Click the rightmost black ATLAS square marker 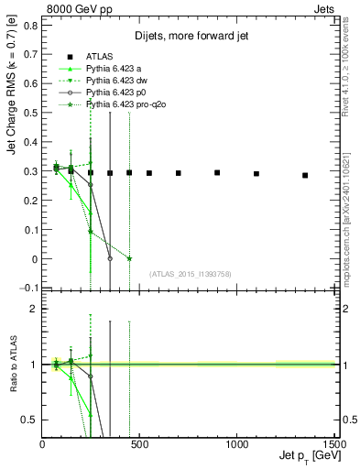[x=305, y=175]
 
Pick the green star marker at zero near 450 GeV [x=129, y=258]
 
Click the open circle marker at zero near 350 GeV [x=110, y=258]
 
